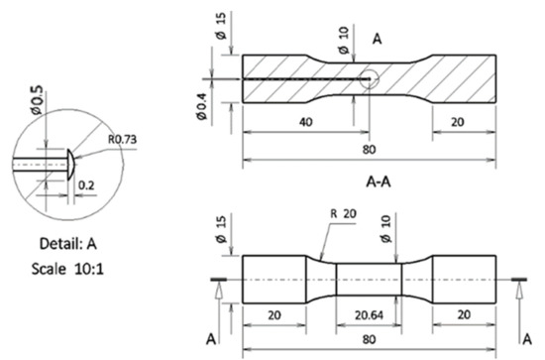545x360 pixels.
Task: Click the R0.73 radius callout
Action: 122,140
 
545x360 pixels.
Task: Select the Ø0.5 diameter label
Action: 37,100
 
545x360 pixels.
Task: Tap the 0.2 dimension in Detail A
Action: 86,185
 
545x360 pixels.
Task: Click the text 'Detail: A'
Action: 68,244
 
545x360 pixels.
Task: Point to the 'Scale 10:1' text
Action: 67,269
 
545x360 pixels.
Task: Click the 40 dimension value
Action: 306,122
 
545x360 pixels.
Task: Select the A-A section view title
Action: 379,181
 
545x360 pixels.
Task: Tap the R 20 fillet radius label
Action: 343,213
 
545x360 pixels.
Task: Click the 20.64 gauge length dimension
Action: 369,315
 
